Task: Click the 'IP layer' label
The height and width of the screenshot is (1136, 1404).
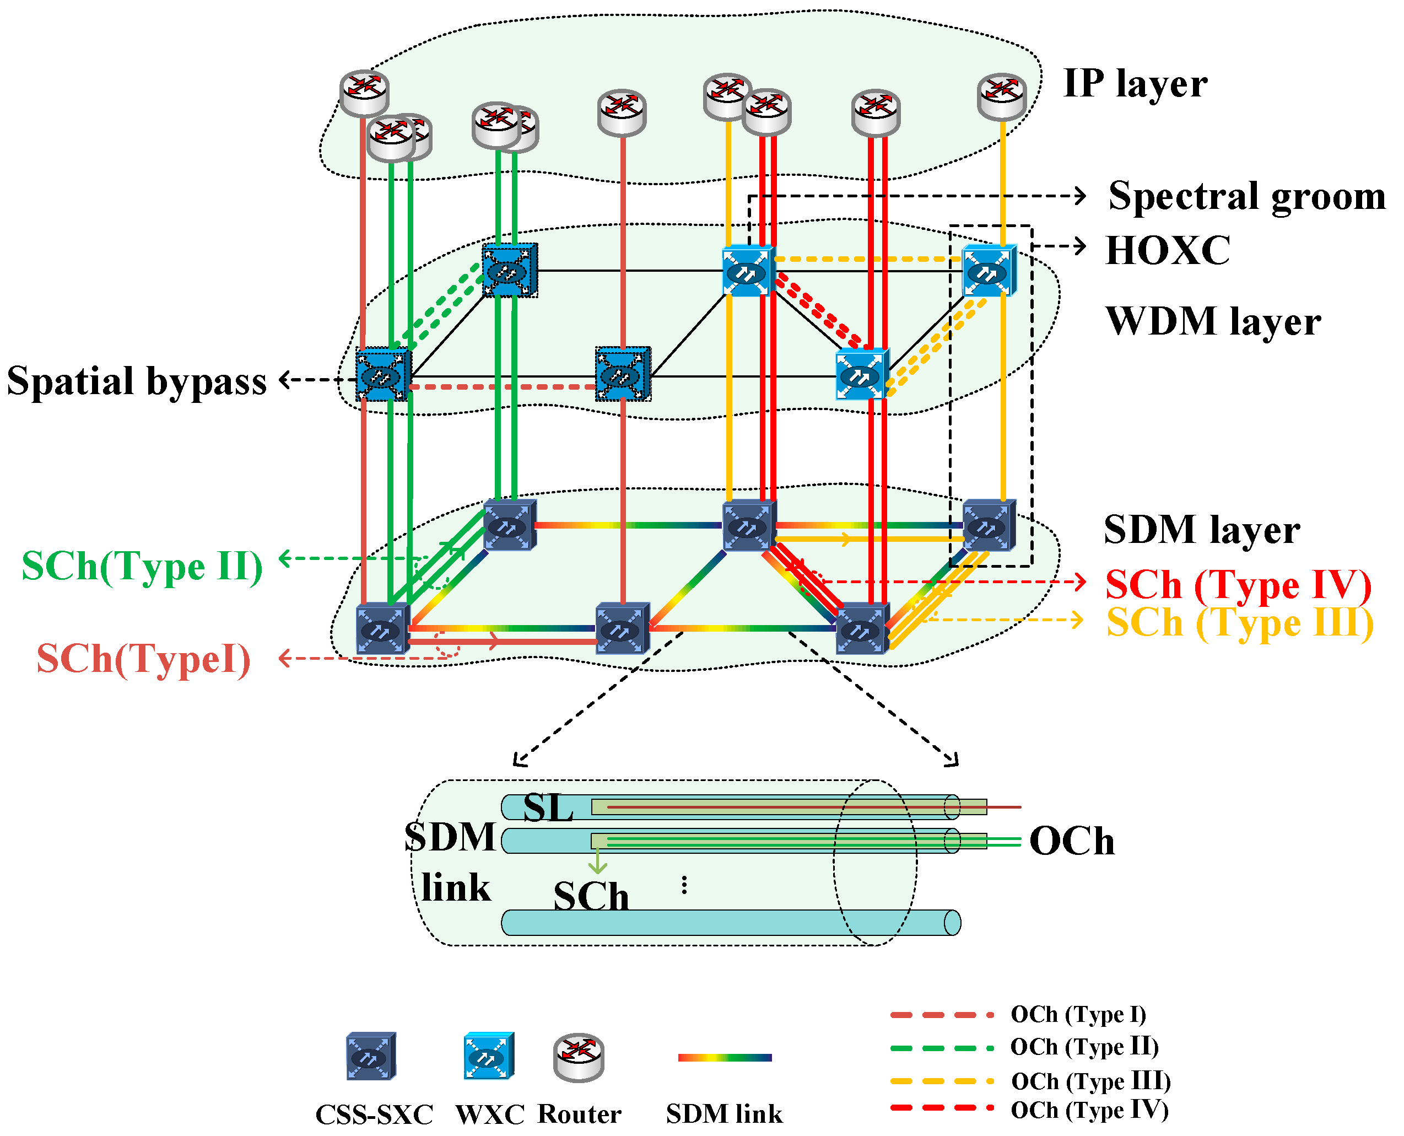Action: tap(1135, 84)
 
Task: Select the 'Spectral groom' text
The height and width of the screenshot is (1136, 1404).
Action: tap(1246, 196)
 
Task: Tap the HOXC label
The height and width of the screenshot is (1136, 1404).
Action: tap(1167, 250)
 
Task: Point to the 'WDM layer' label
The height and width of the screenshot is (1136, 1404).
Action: tap(1213, 321)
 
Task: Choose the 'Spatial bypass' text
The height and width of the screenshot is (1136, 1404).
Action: tap(137, 381)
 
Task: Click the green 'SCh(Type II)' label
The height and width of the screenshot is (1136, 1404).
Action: tap(142, 566)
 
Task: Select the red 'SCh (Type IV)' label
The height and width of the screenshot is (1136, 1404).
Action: tap(1238, 584)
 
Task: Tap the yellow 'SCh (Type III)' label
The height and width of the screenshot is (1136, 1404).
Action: tap(1239, 622)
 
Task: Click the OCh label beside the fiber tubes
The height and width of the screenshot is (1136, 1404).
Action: tap(1071, 841)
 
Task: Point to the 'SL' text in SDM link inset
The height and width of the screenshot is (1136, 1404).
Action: tap(548, 808)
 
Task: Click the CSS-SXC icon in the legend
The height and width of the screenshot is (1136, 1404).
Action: tap(371, 1057)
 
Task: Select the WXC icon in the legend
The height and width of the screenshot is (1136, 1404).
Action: tap(488, 1057)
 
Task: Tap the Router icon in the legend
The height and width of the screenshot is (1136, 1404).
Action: tap(579, 1057)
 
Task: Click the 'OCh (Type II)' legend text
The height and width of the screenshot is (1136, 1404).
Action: tap(1084, 1047)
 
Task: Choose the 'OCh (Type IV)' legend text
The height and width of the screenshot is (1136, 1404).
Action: tap(1089, 1111)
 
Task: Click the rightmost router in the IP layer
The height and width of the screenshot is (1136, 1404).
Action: tap(1001, 96)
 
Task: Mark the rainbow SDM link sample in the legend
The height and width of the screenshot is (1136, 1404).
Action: tap(724, 1058)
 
